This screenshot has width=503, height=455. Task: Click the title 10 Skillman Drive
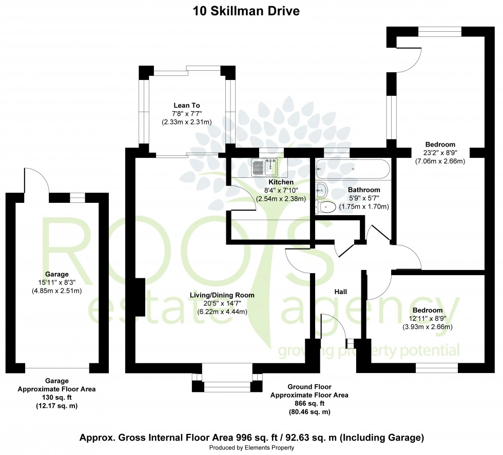(x=246, y=11)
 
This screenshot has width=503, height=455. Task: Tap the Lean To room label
(x=187, y=105)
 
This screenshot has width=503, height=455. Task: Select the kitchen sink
(x=264, y=167)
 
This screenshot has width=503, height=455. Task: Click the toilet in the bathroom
(x=326, y=206)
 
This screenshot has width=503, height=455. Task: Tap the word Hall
(x=341, y=292)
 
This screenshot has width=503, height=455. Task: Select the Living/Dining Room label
(x=222, y=295)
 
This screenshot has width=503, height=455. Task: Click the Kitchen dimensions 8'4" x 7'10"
(x=281, y=191)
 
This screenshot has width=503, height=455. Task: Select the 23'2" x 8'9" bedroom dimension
(x=440, y=153)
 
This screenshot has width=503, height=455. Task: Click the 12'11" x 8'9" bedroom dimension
(x=427, y=318)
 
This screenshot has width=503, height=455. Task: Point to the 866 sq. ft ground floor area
(x=309, y=403)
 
